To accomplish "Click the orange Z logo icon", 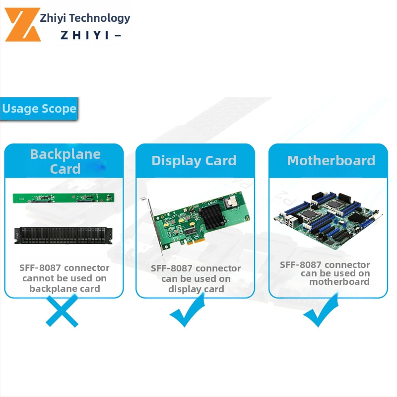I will [x=23, y=25].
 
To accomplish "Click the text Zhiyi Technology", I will [x=85, y=18].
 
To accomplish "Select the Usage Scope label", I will [x=39, y=109].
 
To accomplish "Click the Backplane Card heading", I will [x=65, y=161].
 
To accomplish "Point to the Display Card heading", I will [x=194, y=161].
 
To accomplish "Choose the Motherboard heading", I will [x=331, y=161].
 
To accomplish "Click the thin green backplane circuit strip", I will [x=63, y=198].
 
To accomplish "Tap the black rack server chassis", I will [x=63, y=235].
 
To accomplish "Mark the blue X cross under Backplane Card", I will [x=61, y=310].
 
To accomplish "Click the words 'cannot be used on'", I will [x=65, y=278].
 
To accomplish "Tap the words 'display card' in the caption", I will [x=196, y=289].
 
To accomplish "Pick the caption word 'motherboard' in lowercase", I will [x=339, y=282].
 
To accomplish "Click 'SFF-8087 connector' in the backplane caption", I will [x=65, y=268].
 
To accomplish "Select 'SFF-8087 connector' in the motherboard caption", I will [x=325, y=265].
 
